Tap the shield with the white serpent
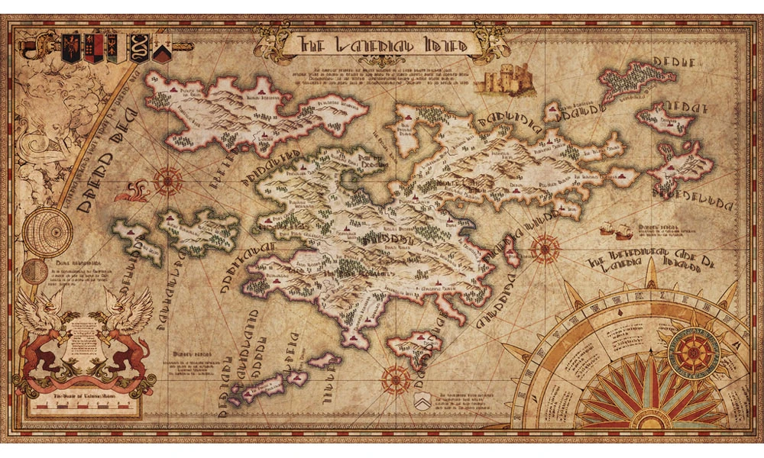tap(140, 48)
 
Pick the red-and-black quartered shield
tap(94, 48)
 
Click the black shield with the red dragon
tap(71, 48)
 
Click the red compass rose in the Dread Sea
tap(167, 181)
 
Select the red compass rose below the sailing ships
tap(544, 248)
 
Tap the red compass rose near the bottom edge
tap(396, 376)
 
